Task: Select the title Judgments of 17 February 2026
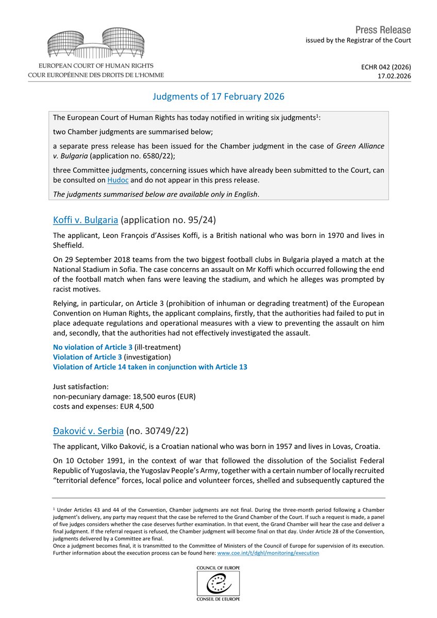click(218, 97)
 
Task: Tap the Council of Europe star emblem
click(218, 584)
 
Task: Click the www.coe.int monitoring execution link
click(268, 553)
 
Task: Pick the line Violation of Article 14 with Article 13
click(150, 367)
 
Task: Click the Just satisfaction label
click(81, 386)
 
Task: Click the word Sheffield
click(70, 245)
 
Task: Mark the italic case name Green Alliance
click(360, 146)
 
